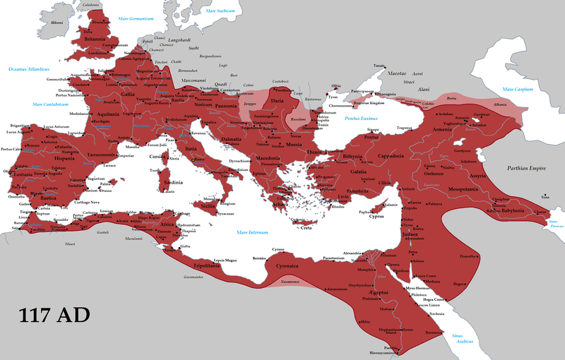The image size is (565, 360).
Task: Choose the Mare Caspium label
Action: (x=518, y=90)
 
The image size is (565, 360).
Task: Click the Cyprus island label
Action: (x=379, y=217)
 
